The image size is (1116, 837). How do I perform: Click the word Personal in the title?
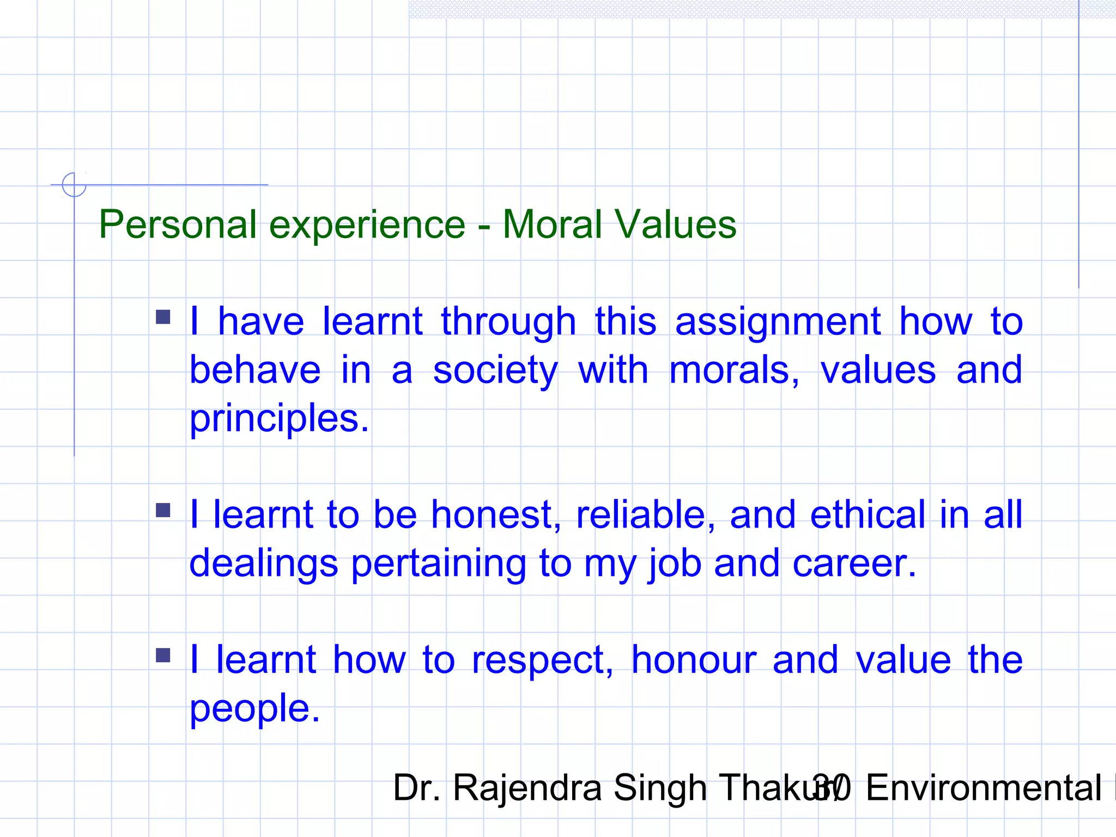pyautogui.click(x=178, y=225)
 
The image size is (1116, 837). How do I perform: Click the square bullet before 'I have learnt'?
pyautogui.click(x=163, y=317)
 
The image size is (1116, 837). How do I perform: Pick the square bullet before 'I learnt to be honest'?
pyautogui.click(x=163, y=510)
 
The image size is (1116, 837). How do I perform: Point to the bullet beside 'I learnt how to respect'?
pyautogui.click(x=163, y=655)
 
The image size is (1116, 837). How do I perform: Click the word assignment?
pyautogui.click(x=778, y=323)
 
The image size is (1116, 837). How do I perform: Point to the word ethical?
pyautogui.click(x=868, y=515)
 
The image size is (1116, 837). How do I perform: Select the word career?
pyautogui.click(x=854, y=563)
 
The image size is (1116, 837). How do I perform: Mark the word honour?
pyautogui.click(x=694, y=660)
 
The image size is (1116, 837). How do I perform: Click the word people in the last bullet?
pyautogui.click(x=254, y=709)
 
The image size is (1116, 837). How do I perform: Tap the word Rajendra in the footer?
pyautogui.click(x=527, y=788)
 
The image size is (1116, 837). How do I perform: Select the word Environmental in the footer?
pyautogui.click(x=984, y=788)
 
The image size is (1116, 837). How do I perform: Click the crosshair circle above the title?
pyautogui.click(x=74, y=185)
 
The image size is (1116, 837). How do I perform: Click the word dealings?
pyautogui.click(x=263, y=563)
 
